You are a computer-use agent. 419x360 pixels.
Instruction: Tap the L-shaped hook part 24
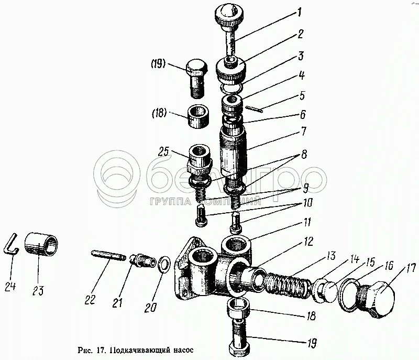13,245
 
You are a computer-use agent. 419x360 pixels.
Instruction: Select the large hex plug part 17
376,299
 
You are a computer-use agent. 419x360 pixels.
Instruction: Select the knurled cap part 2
231,67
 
